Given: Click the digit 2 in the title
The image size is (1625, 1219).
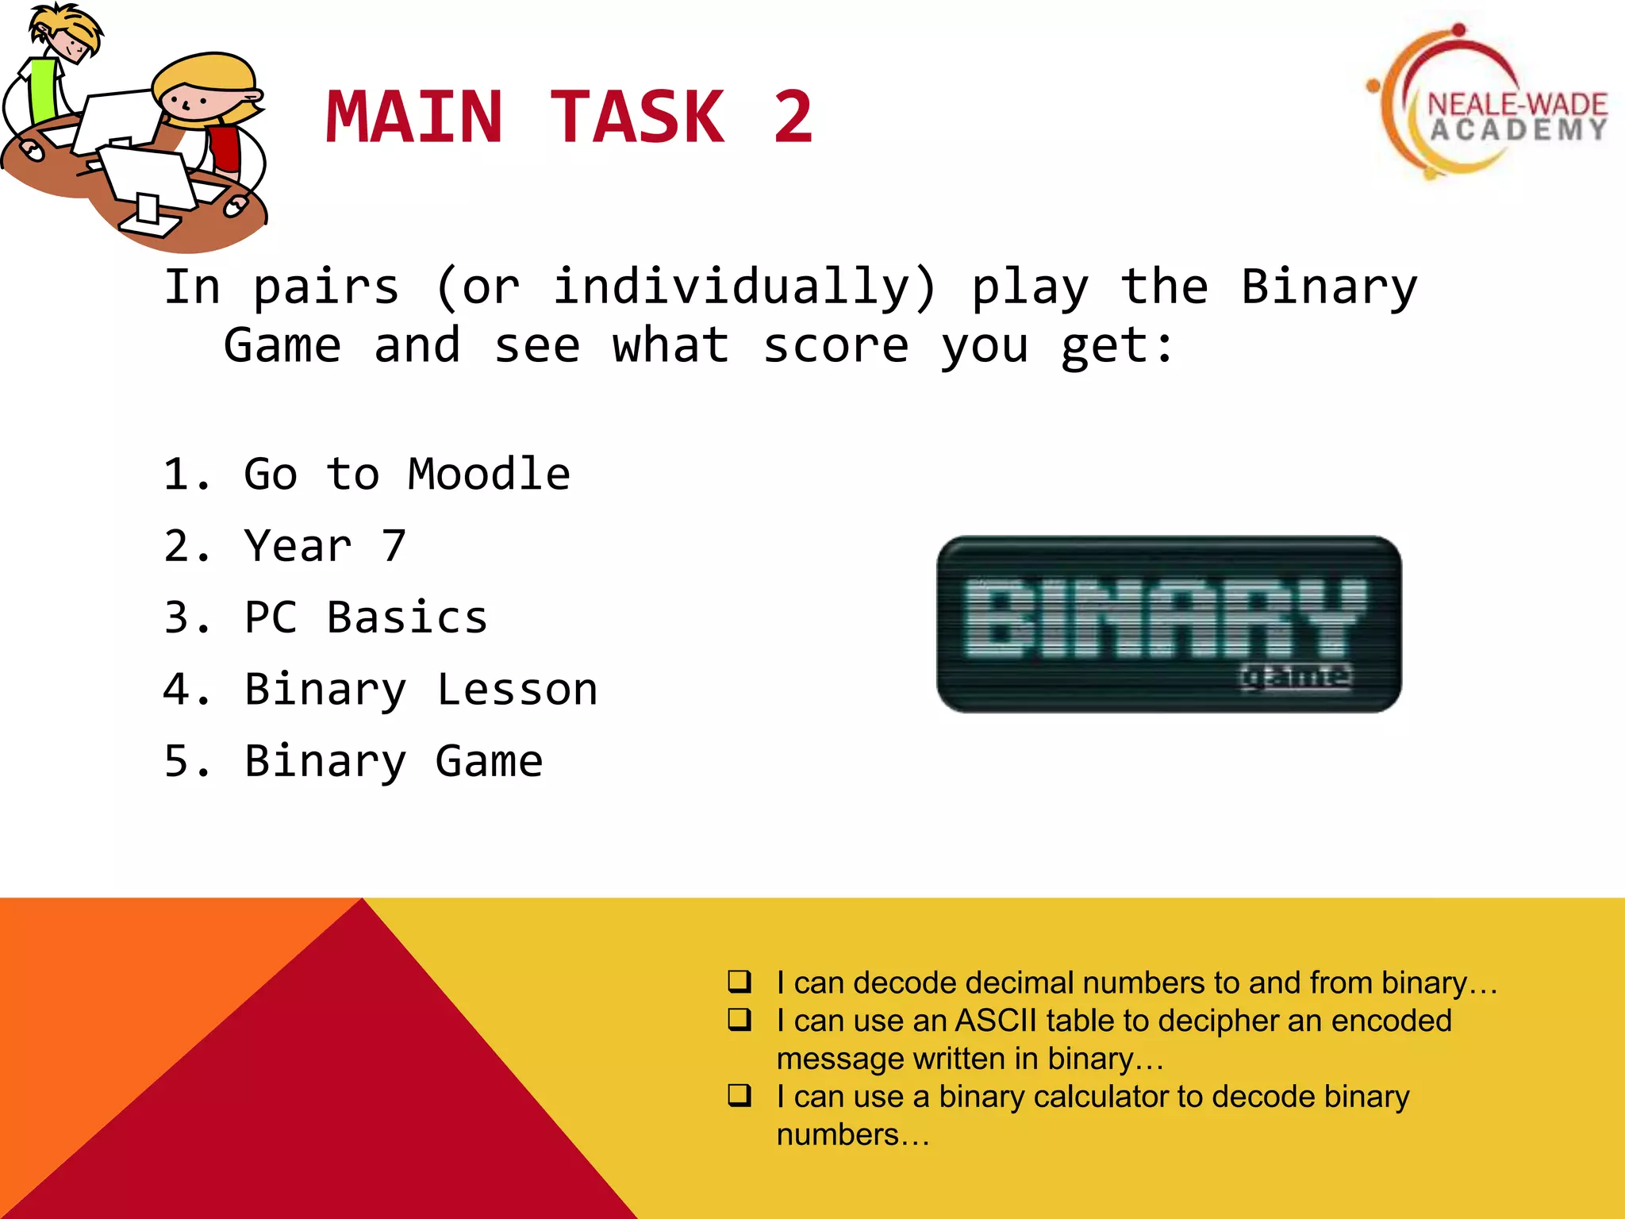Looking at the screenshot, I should click(793, 117).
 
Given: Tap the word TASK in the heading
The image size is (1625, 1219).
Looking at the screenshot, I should click(637, 117).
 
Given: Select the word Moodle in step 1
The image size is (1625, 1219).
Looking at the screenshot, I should click(489, 475).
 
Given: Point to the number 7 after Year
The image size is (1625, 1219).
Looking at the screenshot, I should click(394, 546).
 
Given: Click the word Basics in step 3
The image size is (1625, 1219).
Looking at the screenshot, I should click(407, 617).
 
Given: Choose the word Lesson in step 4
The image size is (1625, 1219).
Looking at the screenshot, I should click(517, 689).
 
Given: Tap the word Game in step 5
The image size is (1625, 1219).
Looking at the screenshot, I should click(489, 761).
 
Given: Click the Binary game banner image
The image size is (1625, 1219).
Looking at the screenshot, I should click(1169, 624).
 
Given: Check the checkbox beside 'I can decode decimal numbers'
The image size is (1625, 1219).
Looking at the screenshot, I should click(740, 982).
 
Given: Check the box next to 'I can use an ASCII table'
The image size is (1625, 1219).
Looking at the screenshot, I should click(740, 1019).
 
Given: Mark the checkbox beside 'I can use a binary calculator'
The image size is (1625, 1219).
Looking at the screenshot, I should click(740, 1095).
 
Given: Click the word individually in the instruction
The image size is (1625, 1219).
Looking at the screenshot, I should click(745, 286).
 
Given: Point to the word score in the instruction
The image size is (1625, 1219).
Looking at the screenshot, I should click(836, 346).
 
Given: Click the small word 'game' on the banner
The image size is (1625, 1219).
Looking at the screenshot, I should click(1295, 675).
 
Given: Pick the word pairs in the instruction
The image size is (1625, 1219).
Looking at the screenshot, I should click(326, 288).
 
